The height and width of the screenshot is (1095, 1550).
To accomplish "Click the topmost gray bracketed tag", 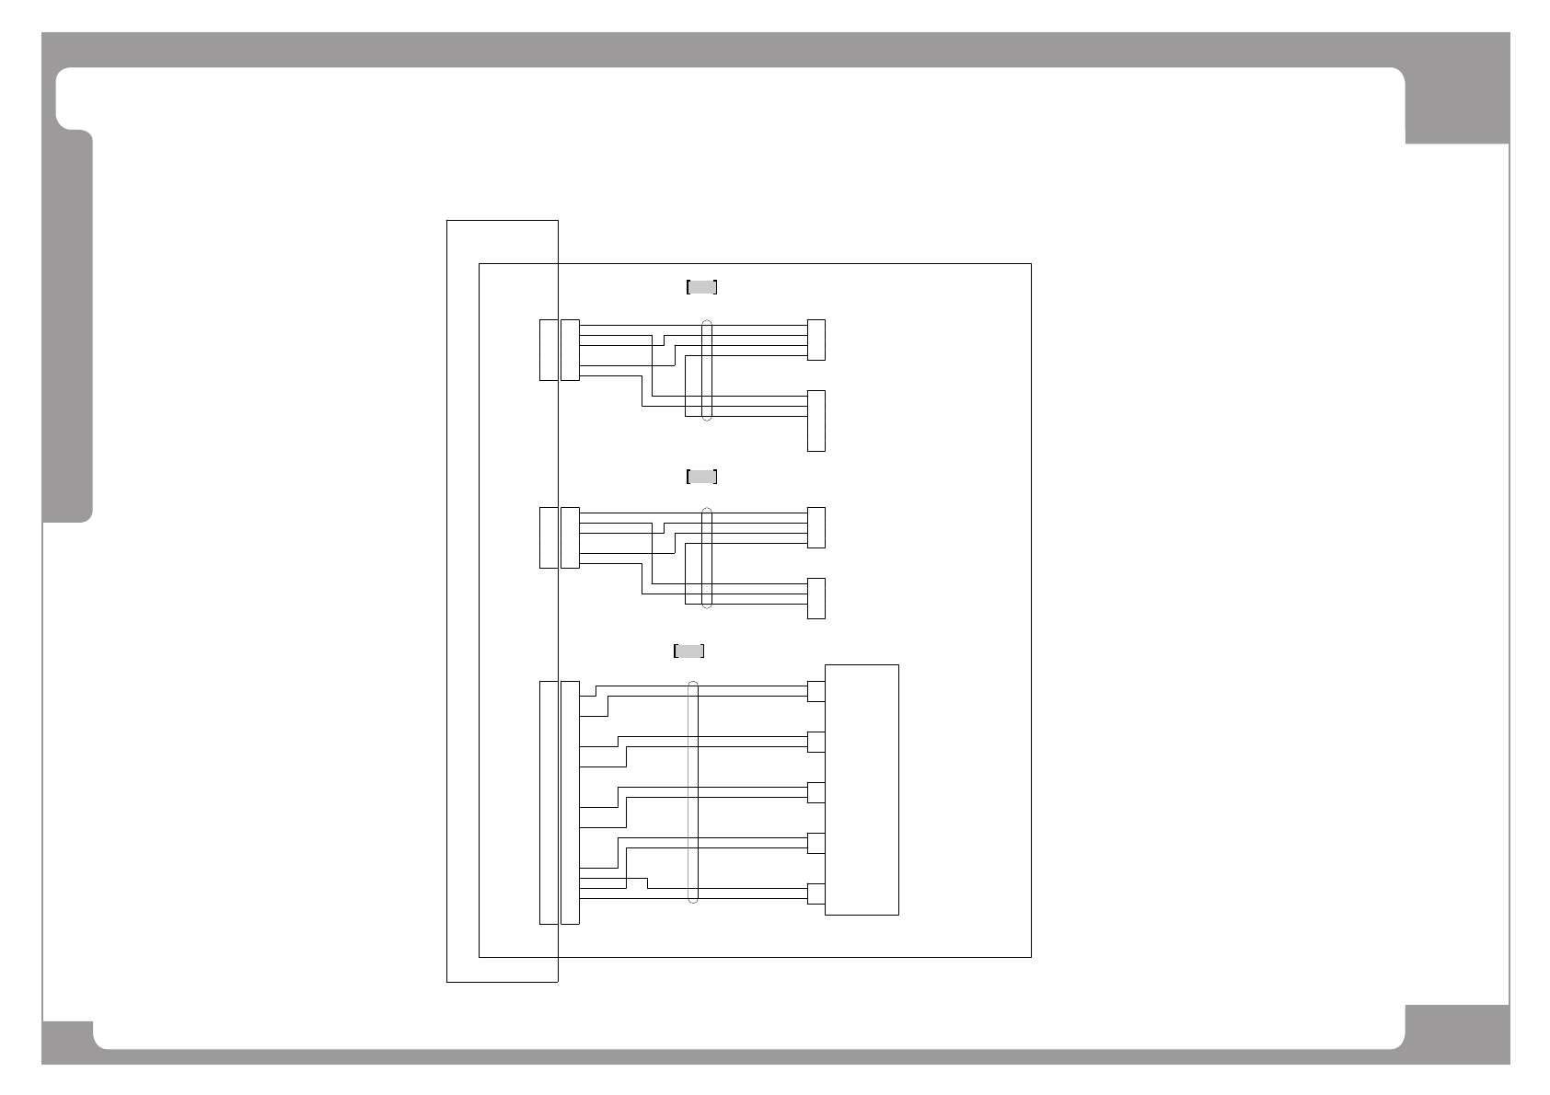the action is coord(701,287).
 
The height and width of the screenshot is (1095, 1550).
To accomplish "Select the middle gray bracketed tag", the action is coord(701,477).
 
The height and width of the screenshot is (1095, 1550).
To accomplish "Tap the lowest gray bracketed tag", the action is coord(689,651).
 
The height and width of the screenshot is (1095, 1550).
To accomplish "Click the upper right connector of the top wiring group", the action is coord(816,340).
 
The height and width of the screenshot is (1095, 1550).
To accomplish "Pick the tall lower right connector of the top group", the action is coord(816,421).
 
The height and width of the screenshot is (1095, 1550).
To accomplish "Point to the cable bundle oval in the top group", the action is coord(707,370).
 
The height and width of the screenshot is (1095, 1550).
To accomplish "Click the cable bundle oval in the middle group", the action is coord(707,558).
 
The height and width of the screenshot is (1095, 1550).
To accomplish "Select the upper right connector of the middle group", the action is coord(816,527).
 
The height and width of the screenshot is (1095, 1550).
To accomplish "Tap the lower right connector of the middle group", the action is coord(816,598).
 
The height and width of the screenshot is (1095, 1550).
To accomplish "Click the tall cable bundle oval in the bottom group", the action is coord(694,792).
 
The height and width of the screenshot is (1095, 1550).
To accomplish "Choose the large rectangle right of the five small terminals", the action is coord(862,790).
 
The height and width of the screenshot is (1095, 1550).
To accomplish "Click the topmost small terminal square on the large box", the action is coord(816,691).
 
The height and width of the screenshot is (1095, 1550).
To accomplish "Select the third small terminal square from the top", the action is coord(816,792).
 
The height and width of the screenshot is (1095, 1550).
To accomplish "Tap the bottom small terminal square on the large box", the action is coord(816,893).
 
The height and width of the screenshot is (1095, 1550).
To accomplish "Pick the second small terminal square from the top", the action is coord(816,742).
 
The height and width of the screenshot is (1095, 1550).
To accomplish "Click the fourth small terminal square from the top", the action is coord(816,843).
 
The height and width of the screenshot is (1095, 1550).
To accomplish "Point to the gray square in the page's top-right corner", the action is coord(1457,106).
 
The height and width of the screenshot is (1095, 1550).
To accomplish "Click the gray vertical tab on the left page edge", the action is coord(68,327).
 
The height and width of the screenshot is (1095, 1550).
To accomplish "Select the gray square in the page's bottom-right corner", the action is coord(1457,1034).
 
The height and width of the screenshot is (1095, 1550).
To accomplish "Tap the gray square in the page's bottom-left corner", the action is coord(67,1042).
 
